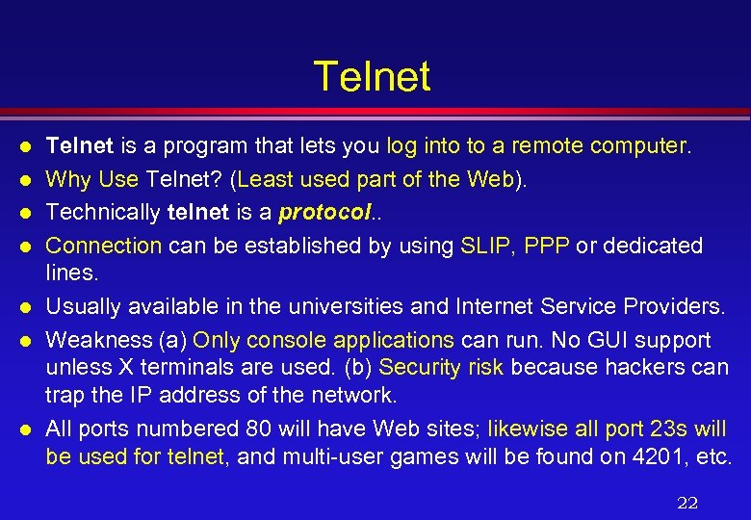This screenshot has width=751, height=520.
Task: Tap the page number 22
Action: [x=686, y=502]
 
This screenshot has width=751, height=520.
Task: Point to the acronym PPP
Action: [x=548, y=246]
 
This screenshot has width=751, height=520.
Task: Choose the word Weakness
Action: [x=90, y=340]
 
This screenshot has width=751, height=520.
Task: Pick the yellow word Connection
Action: [x=104, y=246]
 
